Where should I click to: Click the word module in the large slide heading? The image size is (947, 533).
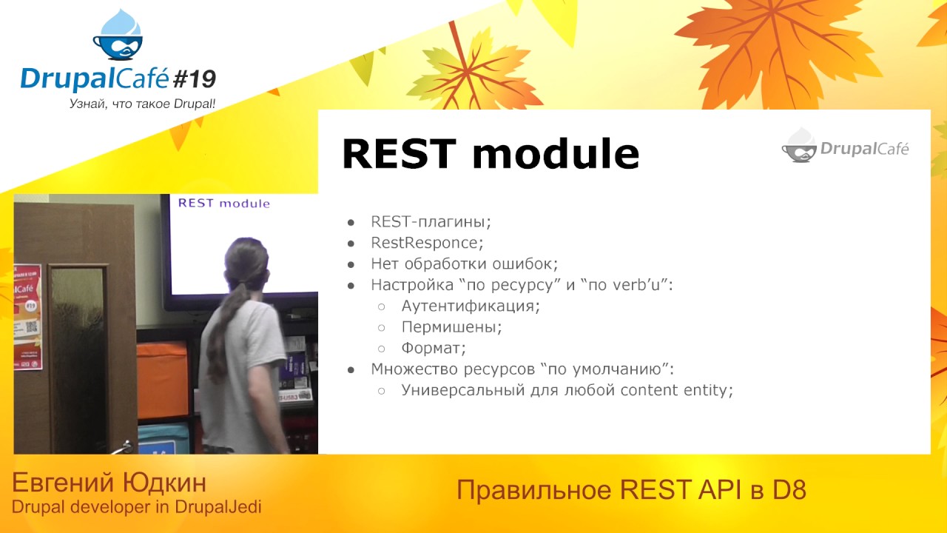(x=555, y=154)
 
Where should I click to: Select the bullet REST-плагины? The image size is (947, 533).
(x=431, y=221)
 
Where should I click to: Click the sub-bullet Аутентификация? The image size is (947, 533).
(x=471, y=306)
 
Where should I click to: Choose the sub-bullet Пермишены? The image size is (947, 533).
(x=451, y=326)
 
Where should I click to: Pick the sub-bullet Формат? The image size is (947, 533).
(x=434, y=348)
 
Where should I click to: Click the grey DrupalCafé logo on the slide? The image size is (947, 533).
(x=845, y=147)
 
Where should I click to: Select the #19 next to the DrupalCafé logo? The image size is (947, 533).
(x=193, y=77)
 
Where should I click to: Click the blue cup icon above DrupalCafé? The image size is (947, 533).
(x=118, y=37)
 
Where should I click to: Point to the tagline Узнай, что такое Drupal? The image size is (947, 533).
(x=142, y=104)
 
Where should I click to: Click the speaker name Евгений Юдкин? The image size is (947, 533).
(x=109, y=483)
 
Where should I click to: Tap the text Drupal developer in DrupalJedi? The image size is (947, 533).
(x=136, y=507)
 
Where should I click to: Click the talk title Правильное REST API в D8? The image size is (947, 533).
(x=630, y=490)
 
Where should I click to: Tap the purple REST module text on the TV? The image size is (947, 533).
(x=224, y=204)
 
